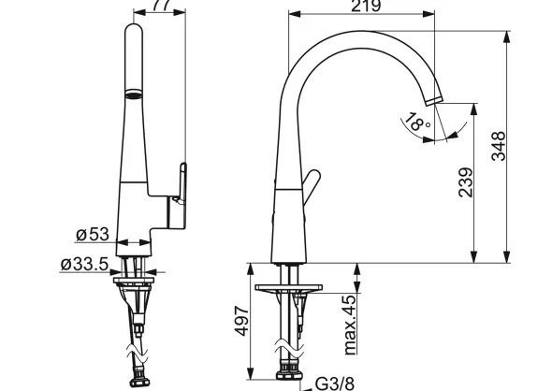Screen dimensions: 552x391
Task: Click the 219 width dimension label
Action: (x=366, y=6)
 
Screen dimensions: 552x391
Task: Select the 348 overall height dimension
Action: (x=498, y=146)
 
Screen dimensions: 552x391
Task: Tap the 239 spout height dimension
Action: (x=466, y=182)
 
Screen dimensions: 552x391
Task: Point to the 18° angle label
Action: (x=417, y=122)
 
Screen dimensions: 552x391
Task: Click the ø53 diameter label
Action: (x=93, y=234)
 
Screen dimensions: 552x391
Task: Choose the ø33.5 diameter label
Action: (x=84, y=264)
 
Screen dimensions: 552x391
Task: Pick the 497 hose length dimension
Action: (x=242, y=321)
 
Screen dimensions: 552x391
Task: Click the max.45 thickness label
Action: (x=350, y=325)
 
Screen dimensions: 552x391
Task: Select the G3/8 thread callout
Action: (x=334, y=384)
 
